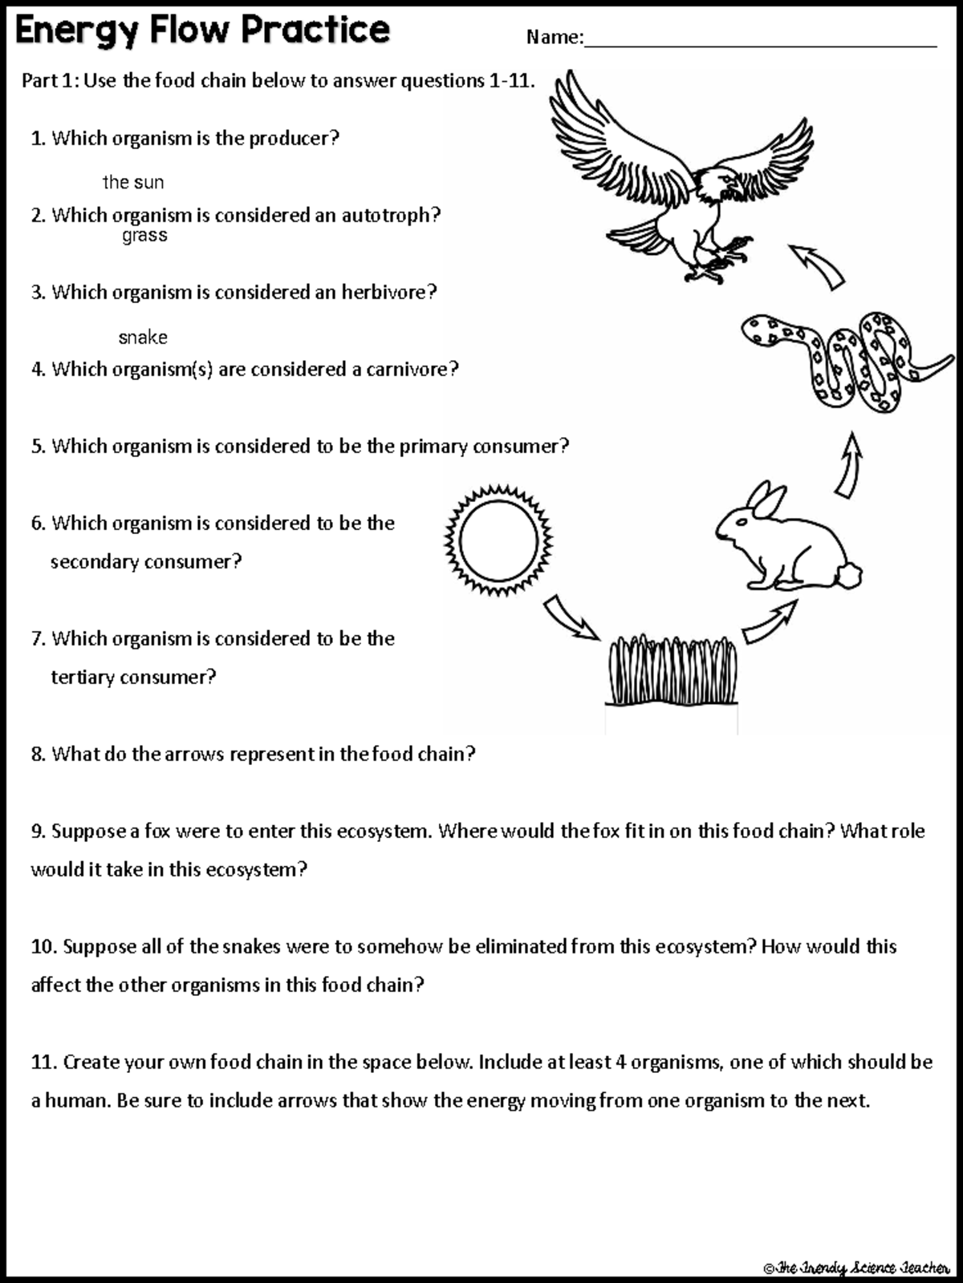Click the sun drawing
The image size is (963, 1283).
[x=498, y=540]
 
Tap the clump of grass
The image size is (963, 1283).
[x=672, y=672]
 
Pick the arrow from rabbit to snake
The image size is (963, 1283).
[x=849, y=466]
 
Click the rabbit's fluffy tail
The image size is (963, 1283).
[x=848, y=575]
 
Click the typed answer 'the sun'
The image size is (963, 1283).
[x=133, y=183]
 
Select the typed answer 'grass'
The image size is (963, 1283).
[x=144, y=235]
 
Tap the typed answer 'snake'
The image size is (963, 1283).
[x=143, y=338]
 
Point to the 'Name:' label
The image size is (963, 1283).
[x=554, y=37]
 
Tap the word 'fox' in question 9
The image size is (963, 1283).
[x=157, y=831]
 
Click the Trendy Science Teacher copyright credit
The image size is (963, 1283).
[x=856, y=1268]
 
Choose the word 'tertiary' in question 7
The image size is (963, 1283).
[x=83, y=678]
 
